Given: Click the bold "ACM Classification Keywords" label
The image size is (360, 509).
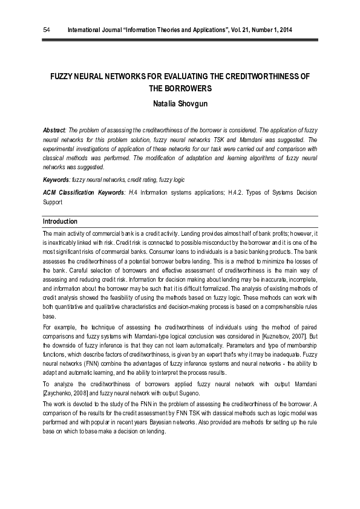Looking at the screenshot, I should coord(83,192).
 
